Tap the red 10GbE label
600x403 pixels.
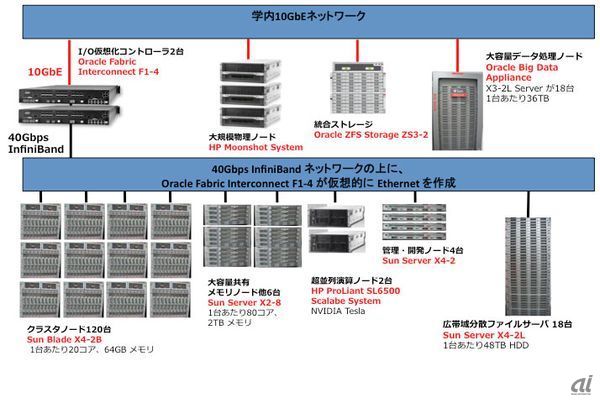click(x=46, y=72)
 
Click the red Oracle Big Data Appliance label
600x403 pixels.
click(x=521, y=67)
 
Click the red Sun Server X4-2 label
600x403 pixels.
click(x=418, y=259)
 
